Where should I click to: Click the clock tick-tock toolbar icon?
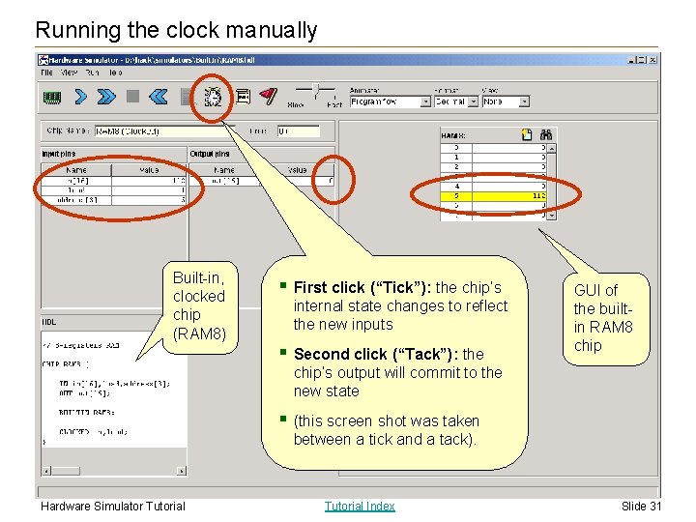214,96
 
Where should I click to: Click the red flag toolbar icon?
270,96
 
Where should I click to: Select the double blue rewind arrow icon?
159,96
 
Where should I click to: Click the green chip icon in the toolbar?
52,96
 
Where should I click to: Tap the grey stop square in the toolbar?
133,96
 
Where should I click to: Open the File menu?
46,72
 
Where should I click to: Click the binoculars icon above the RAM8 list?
545,135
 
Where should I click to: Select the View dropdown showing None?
506,101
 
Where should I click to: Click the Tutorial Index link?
360,506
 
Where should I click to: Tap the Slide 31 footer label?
641,506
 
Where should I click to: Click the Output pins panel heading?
210,154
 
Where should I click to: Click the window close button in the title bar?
653,59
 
